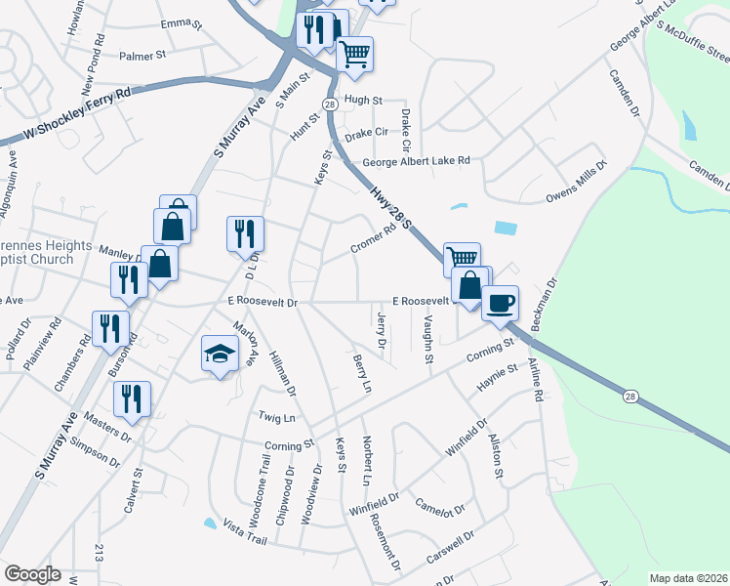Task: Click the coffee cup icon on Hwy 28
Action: pos(500,302)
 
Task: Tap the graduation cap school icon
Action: pos(220,354)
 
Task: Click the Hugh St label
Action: pos(363,100)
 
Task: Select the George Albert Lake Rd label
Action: pos(416,161)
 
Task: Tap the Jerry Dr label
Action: pos(381,329)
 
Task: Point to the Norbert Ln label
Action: pos(367,461)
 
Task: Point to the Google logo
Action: pos(32,574)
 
